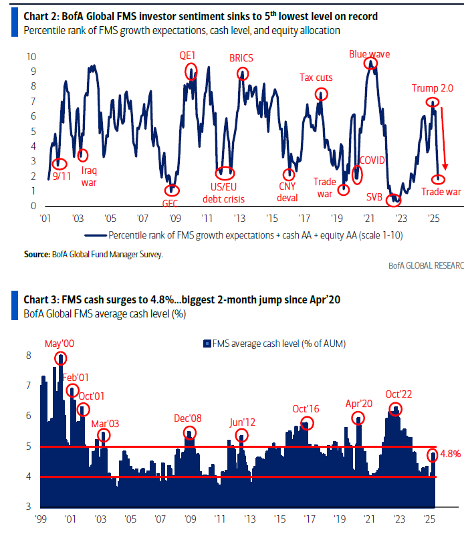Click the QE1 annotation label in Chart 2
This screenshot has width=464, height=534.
pos(189,55)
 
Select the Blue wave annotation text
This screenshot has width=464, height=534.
pos(369,53)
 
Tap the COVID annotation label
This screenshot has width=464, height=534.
pos(373,160)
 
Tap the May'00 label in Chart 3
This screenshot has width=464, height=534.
pos(59,344)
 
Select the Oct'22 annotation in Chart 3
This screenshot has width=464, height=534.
pos(398,394)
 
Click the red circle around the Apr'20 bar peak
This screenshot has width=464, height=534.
pos(359,419)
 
